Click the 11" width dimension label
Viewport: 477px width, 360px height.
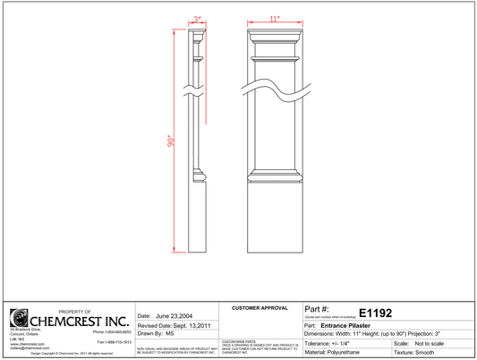(276, 17)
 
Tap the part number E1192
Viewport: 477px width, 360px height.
(375, 313)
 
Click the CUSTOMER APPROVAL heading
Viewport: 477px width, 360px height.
(260, 308)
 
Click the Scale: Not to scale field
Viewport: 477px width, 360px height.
(424, 344)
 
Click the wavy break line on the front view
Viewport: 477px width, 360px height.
(276, 87)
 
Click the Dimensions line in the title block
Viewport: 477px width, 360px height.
(388, 334)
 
